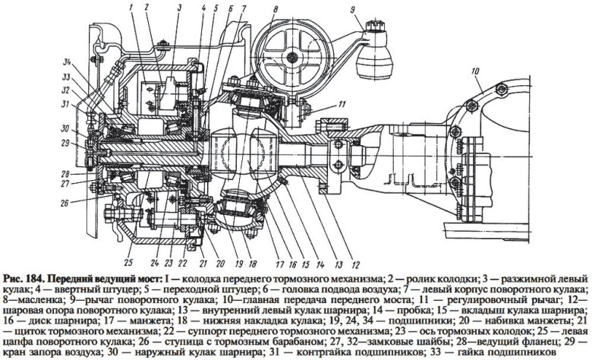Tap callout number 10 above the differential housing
click(474, 72)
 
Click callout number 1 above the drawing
click(132, 8)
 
